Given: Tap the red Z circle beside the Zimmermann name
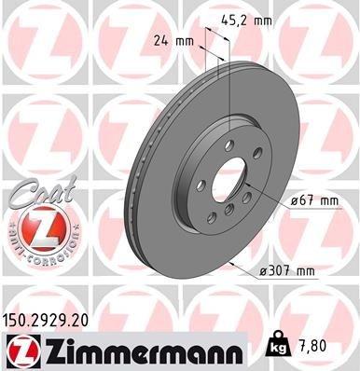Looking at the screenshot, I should click(x=21, y=350).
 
